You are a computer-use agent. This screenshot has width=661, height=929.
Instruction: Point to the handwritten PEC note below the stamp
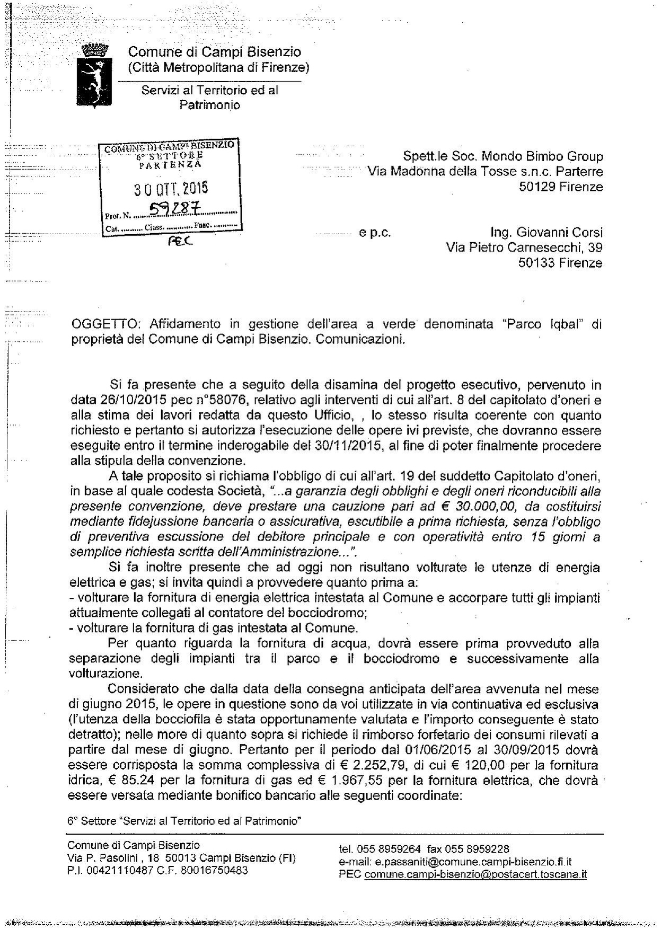pyautogui.click(x=180, y=241)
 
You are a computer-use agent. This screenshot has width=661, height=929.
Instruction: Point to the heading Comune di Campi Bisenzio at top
pyautogui.click(x=215, y=52)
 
